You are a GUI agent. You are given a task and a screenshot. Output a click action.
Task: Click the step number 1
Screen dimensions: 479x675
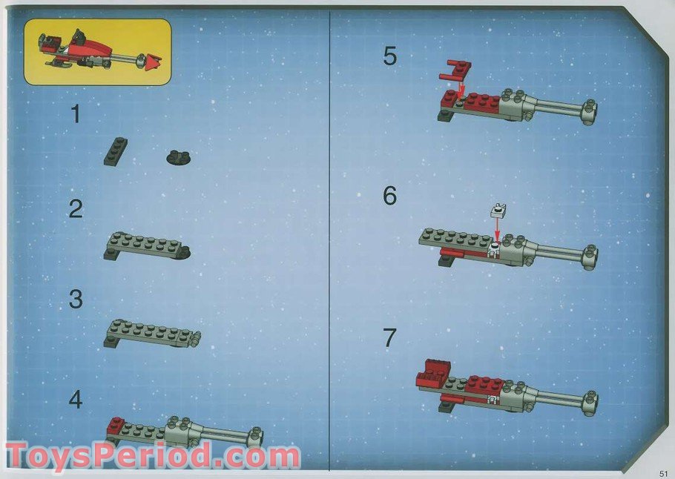coord(75,114)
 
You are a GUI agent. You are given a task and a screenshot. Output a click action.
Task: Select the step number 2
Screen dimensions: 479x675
coord(76,209)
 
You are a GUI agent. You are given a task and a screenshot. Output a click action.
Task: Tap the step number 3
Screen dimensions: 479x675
coord(76,300)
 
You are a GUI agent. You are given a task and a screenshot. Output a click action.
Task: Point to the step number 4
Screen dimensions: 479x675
coord(76,400)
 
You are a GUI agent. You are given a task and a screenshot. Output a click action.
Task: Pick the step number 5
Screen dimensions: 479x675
coord(390,56)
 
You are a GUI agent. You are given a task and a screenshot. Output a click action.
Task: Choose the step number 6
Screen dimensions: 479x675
coord(390,196)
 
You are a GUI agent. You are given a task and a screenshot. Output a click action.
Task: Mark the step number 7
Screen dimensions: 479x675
coord(390,337)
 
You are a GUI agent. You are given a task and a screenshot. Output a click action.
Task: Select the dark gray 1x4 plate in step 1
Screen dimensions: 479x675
coord(116,151)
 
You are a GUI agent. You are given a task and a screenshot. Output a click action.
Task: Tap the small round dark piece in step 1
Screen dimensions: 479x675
coord(178,157)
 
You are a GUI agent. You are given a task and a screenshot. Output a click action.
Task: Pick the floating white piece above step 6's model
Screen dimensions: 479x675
coord(498,212)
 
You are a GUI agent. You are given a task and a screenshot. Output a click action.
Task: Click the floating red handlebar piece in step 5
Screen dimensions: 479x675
coord(455,71)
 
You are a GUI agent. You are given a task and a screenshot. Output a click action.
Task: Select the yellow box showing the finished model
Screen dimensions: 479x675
coord(98,51)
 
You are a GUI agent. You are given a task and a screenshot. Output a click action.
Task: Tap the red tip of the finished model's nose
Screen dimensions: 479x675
coord(154,62)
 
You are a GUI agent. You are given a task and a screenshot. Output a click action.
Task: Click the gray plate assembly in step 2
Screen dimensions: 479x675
coord(147,245)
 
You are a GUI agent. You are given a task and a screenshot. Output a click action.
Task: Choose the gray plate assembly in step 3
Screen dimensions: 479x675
coord(151,334)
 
